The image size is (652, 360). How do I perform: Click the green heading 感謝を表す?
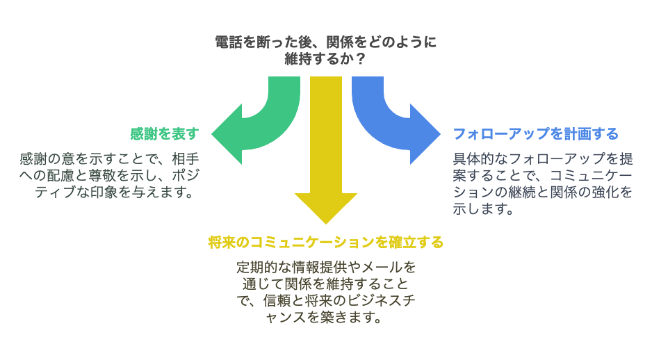coord(165,133)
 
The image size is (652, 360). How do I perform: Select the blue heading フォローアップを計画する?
coord(535,133)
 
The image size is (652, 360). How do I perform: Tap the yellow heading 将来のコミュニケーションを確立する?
coord(325,243)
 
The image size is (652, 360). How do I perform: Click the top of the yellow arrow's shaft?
coord(325,81)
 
